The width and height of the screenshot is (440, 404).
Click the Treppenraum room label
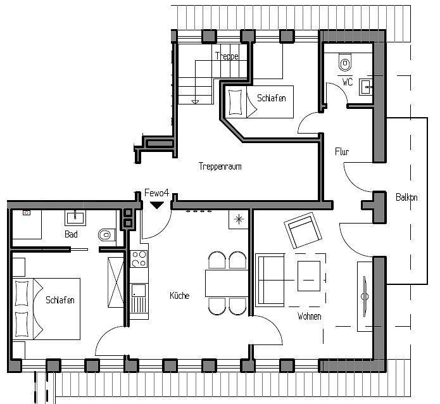[220, 167]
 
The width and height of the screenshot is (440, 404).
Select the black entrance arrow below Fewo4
[156, 205]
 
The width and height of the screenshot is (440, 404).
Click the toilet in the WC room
[345, 63]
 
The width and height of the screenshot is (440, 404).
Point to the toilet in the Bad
[106, 235]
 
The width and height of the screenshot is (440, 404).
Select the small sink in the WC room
[365, 86]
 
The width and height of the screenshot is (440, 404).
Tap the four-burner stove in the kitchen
[138, 258]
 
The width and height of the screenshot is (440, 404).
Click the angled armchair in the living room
[302, 230]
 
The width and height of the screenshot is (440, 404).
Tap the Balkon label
[406, 198]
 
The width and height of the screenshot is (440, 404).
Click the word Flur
[342, 152]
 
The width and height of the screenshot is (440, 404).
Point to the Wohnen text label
[309, 316]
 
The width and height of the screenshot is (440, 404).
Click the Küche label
[179, 296]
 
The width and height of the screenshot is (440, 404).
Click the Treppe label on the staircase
[226, 56]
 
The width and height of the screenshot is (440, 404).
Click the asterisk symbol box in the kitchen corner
[239, 219]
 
